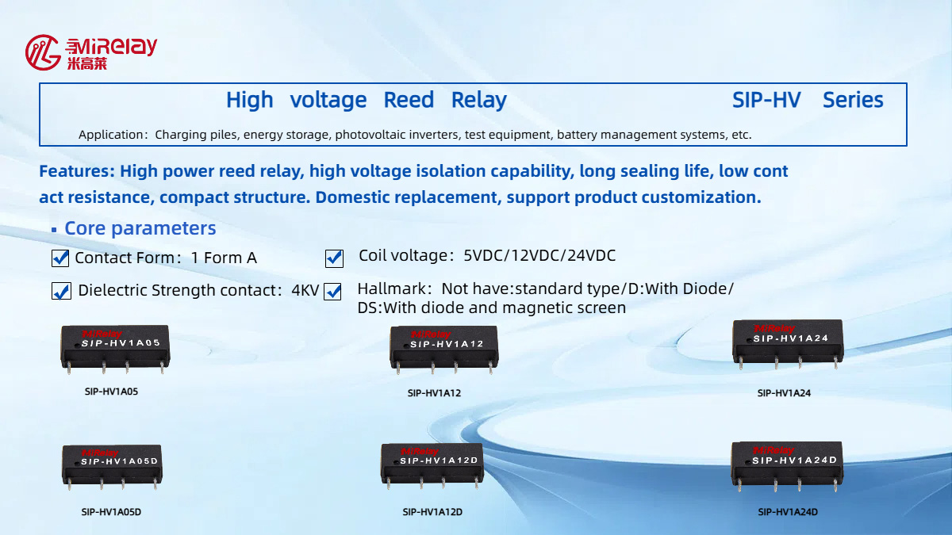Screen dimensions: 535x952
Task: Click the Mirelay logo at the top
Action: [x=90, y=52]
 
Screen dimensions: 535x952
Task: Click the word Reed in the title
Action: [x=409, y=101]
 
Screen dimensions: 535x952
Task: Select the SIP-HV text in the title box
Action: [x=766, y=101]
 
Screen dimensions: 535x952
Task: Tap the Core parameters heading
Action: [x=140, y=228]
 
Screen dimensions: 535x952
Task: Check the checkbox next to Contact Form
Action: [x=60, y=258]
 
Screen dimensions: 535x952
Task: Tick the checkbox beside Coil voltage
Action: [x=334, y=258]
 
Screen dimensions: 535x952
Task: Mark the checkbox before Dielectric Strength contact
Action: [x=61, y=291]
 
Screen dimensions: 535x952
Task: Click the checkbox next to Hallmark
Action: [x=332, y=291]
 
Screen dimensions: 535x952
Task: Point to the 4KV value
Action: [x=305, y=290]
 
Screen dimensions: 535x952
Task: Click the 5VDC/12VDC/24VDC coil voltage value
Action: [x=539, y=256]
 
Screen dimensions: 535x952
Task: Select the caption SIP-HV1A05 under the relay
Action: [x=111, y=392]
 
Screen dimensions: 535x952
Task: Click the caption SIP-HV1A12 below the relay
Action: [x=434, y=393]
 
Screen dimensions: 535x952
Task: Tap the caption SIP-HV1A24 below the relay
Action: [x=784, y=393]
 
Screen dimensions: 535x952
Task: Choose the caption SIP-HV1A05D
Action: [x=111, y=512]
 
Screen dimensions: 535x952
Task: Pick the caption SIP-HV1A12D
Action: [x=432, y=512]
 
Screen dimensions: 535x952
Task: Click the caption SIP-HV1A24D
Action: [x=787, y=512]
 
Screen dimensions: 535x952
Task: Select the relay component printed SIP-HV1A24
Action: [x=786, y=342]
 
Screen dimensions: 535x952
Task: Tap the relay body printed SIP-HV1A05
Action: [x=116, y=346]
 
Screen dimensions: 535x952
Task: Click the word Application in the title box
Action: [x=110, y=135]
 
